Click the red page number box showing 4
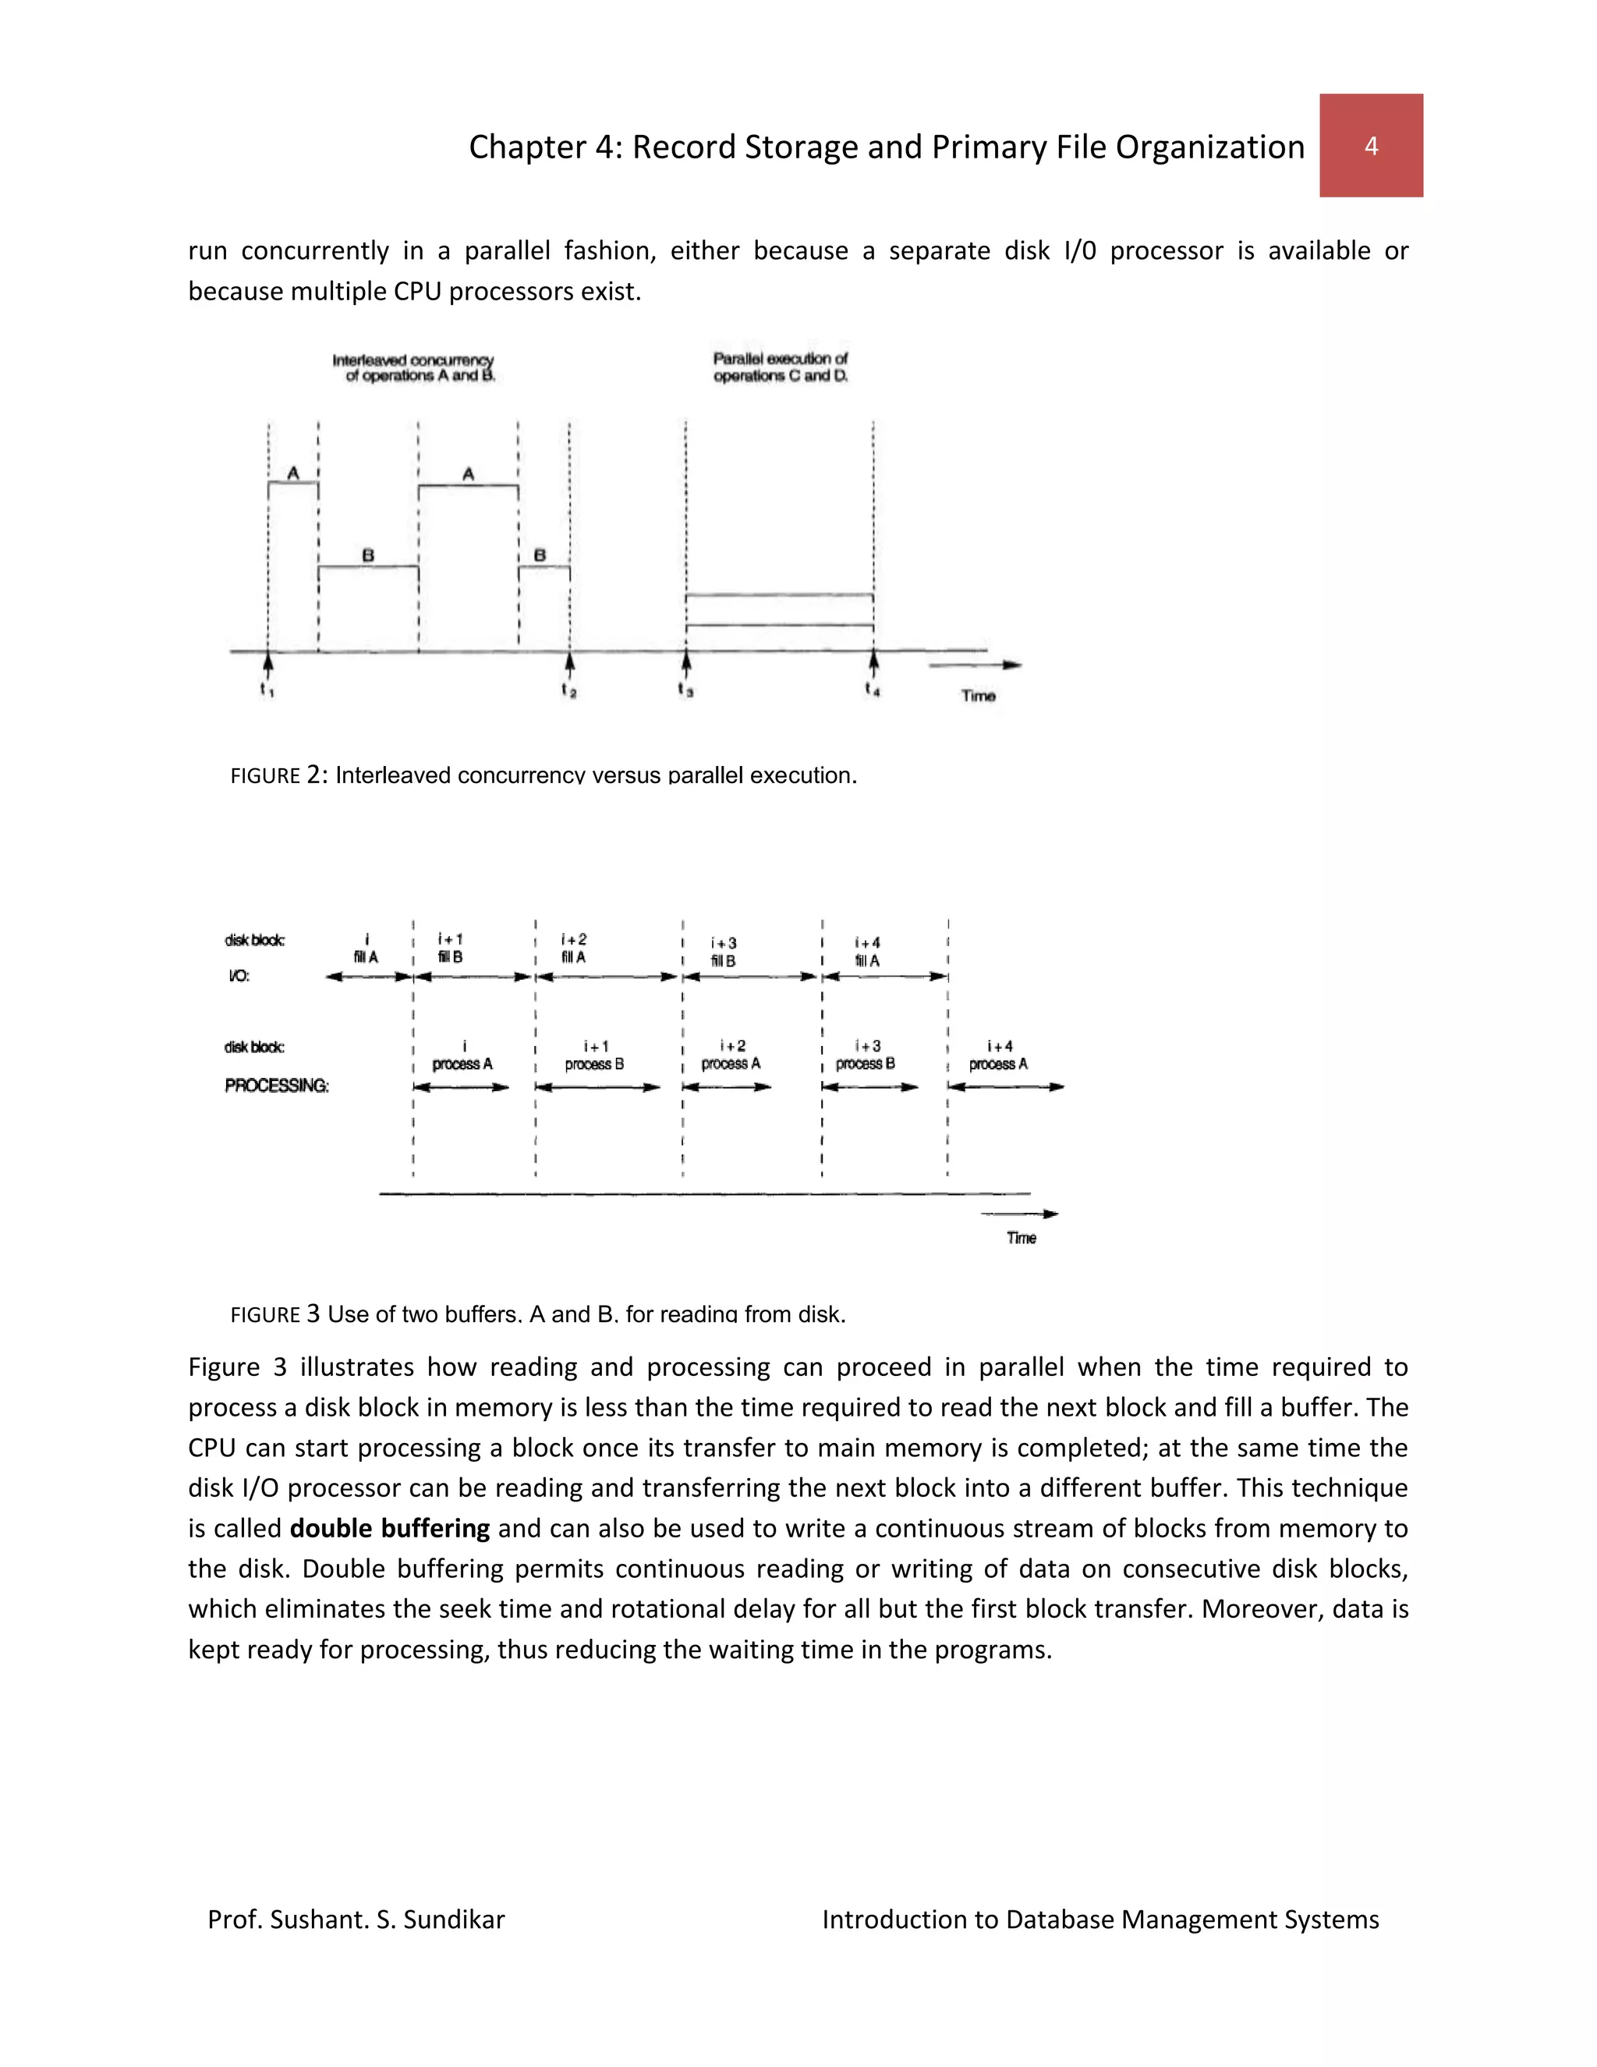pyautogui.click(x=1370, y=145)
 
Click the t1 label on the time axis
pyautogui.click(x=267, y=691)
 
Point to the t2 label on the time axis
pyautogui.click(x=568, y=691)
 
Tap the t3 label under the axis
pyautogui.click(x=686, y=690)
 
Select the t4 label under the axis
pyautogui.click(x=873, y=690)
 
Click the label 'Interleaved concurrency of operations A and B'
pyautogui.click(x=413, y=368)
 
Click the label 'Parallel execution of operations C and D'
pyautogui.click(x=781, y=367)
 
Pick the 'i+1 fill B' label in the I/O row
pyautogui.click(x=451, y=948)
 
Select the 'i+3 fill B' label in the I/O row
pyautogui.click(x=724, y=952)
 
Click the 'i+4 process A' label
pyautogui.click(x=998, y=1055)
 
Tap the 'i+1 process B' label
pyautogui.click(x=595, y=1055)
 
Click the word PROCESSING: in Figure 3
pyautogui.click(x=276, y=1086)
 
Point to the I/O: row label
pyautogui.click(x=239, y=976)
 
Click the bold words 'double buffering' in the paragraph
pyautogui.click(x=389, y=1529)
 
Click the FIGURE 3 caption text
pyautogui.click(x=537, y=1314)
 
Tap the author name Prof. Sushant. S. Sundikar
pyautogui.click(x=356, y=1920)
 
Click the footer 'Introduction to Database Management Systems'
pyautogui.click(x=1099, y=1920)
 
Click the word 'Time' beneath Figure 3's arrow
pyautogui.click(x=1021, y=1238)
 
